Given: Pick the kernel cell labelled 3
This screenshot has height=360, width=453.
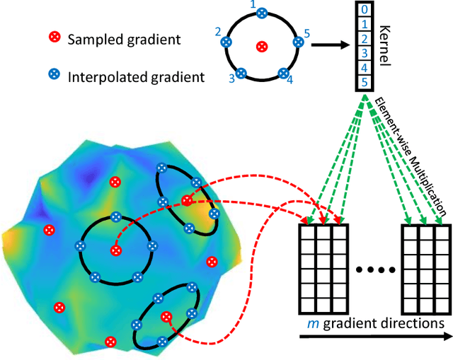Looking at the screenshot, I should pos(362,53).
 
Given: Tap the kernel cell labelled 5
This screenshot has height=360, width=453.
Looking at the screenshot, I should pos(362,81).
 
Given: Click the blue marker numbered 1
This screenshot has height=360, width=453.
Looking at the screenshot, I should pos(262,13).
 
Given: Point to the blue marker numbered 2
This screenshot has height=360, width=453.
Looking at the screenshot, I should pos(226,42).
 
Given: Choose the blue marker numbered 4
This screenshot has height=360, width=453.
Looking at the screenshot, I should pos(283,74).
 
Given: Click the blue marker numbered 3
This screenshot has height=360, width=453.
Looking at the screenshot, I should pos(241,74).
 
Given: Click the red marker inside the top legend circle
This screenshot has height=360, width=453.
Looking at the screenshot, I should pos(261,47).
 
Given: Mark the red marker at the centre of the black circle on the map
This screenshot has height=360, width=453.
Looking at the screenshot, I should pos(115,250).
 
